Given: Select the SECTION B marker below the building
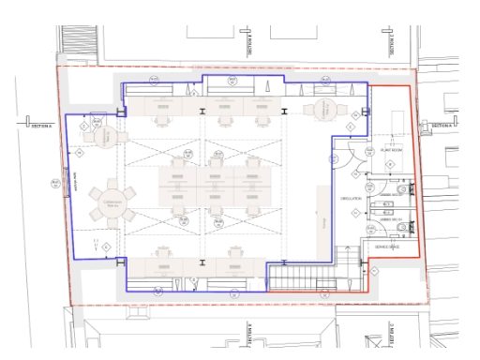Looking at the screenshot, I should tap(252, 333).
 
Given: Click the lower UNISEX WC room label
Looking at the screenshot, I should tap(389, 217).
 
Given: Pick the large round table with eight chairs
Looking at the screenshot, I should tap(111, 201).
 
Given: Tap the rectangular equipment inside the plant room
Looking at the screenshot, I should tap(395, 121).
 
